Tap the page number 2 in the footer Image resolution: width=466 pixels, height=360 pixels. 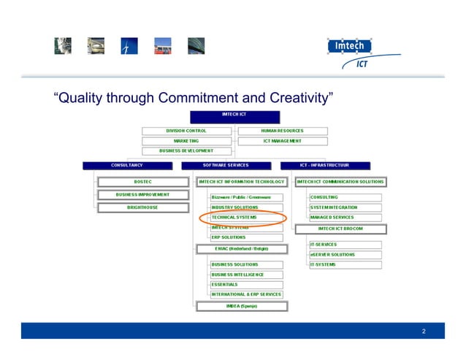click(424, 332)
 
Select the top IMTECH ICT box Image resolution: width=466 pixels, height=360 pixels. click(234, 116)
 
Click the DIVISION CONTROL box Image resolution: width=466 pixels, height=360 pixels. click(186, 131)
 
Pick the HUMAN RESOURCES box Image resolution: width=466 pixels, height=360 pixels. click(283, 131)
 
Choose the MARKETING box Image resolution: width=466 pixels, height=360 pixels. click(186, 140)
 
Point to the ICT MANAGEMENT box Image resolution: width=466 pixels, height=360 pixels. click(283, 140)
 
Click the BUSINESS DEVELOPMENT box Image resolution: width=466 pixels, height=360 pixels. click(186, 150)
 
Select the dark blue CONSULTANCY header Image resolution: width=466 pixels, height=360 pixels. click(128, 165)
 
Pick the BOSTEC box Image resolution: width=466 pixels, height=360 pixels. click(142, 181)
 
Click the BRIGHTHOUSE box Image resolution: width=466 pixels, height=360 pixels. click(142, 207)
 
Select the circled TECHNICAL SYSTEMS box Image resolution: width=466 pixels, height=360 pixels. click(245, 218)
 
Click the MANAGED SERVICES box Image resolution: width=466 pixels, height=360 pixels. click(345, 218)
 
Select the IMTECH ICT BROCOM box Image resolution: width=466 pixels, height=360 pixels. click(340, 229)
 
